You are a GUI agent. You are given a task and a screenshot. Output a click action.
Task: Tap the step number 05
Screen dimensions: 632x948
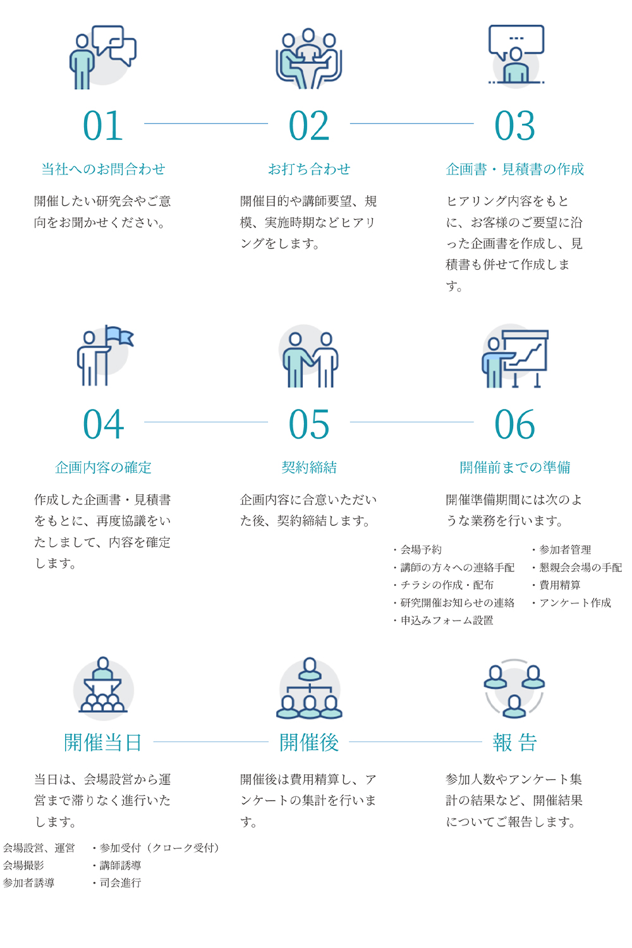(308, 424)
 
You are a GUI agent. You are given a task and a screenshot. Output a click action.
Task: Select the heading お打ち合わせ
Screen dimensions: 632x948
(309, 169)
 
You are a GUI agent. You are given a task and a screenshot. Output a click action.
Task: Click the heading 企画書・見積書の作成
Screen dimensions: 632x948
(514, 169)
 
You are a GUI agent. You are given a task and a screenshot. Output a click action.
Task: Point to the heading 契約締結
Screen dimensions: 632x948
(309, 468)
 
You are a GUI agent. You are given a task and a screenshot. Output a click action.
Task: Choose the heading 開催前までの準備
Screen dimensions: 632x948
(514, 468)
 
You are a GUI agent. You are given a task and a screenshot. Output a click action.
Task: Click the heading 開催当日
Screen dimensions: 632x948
(103, 743)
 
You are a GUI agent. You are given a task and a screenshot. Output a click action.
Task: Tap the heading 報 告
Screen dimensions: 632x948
(514, 743)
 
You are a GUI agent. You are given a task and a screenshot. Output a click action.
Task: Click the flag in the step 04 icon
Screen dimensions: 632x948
(119, 336)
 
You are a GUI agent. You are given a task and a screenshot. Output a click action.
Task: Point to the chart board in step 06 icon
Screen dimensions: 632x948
(526, 351)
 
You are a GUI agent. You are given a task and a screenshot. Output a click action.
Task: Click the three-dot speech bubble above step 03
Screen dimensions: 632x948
(516, 40)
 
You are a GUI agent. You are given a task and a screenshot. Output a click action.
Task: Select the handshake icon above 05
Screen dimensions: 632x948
(310, 360)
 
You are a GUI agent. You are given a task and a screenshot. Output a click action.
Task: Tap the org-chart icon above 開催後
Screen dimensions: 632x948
(310, 689)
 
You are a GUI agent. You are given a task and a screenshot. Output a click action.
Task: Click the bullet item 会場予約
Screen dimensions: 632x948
(418, 550)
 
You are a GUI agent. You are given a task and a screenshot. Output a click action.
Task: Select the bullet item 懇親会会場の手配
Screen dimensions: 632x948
(578, 568)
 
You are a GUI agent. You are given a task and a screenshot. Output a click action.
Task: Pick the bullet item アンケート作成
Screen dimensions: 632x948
(572, 603)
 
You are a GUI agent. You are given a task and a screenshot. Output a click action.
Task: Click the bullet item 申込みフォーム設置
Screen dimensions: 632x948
(443, 621)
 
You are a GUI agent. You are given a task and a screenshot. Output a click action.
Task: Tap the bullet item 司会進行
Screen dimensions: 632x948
(117, 883)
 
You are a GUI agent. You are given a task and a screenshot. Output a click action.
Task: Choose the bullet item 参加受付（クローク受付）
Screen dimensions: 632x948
(155, 848)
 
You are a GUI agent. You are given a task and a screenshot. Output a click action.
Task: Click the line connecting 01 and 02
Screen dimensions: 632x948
(206, 124)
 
